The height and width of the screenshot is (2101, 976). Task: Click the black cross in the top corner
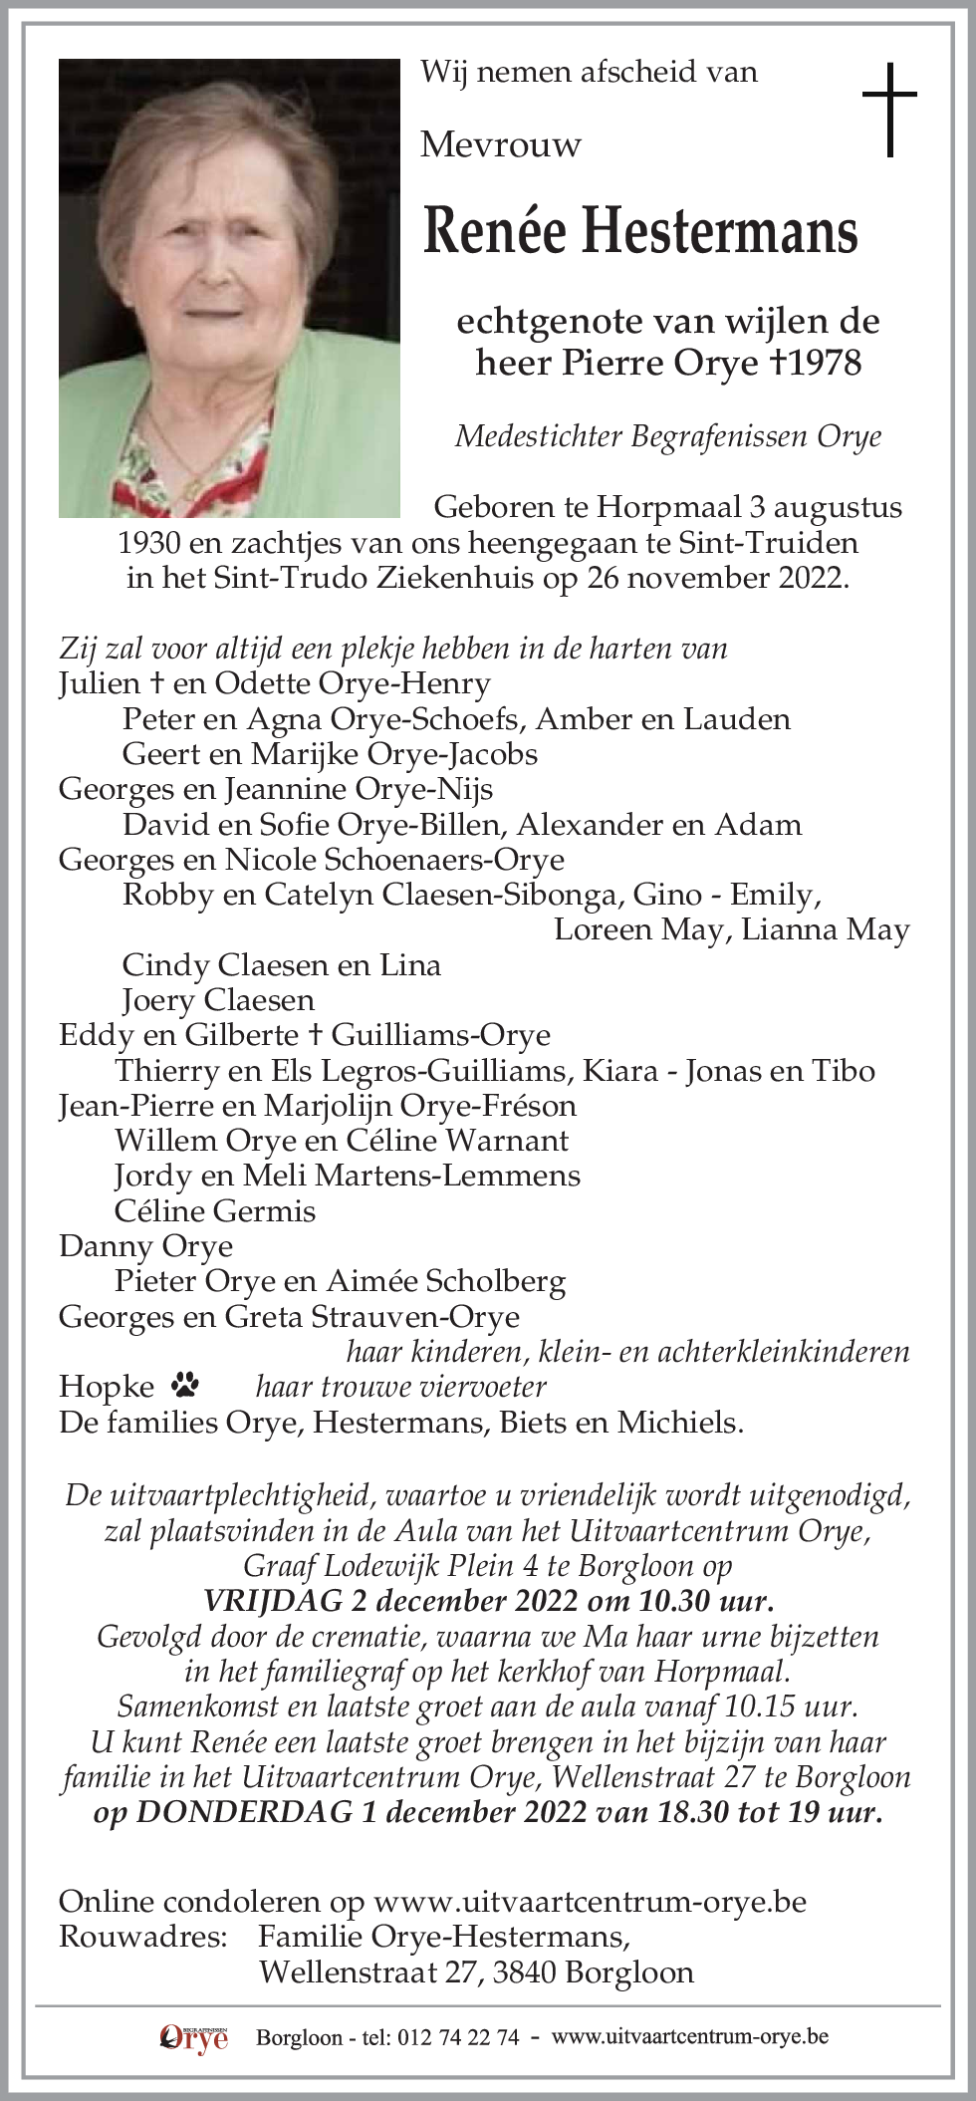coord(889,109)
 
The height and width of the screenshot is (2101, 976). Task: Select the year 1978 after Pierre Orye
coord(825,363)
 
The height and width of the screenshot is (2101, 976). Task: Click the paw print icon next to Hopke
coord(185,1384)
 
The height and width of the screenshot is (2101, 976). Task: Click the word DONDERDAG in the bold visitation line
coord(244,1811)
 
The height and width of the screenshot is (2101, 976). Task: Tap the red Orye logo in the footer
coord(194,2038)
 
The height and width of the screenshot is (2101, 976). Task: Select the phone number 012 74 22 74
coord(458,2038)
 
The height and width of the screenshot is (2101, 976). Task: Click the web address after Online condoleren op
coord(590,1902)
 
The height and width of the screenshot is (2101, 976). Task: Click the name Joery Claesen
coord(218,1000)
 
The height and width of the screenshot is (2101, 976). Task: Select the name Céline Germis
coord(215,1211)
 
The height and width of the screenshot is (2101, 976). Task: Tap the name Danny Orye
coord(146,1246)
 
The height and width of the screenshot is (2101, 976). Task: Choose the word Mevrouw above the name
coord(500,145)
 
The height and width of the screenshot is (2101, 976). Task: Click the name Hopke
coord(107,1387)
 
